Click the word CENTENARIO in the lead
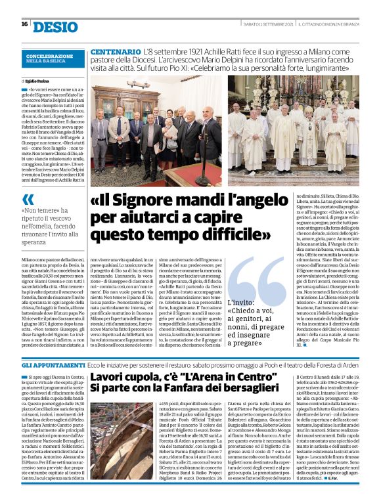[114, 51]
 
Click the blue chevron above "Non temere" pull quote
[28, 200]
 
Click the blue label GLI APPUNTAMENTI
[45, 363]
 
